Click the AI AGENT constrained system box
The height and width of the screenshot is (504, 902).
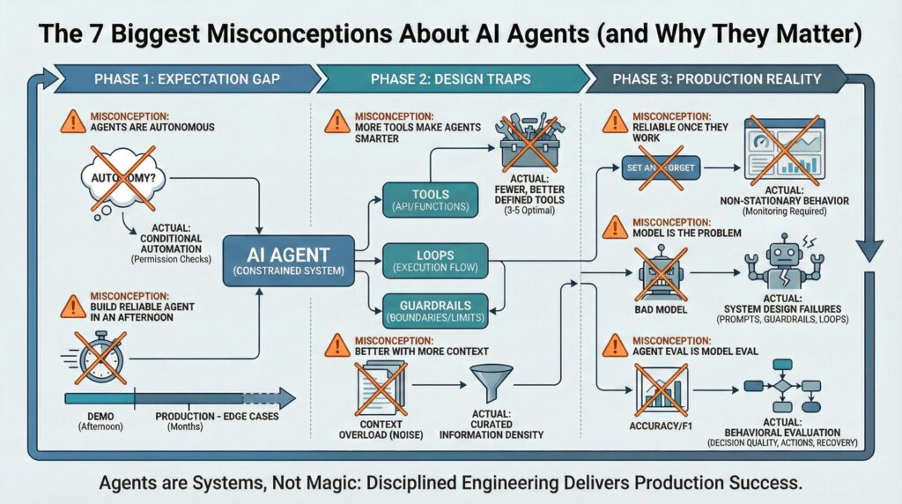pos(287,260)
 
